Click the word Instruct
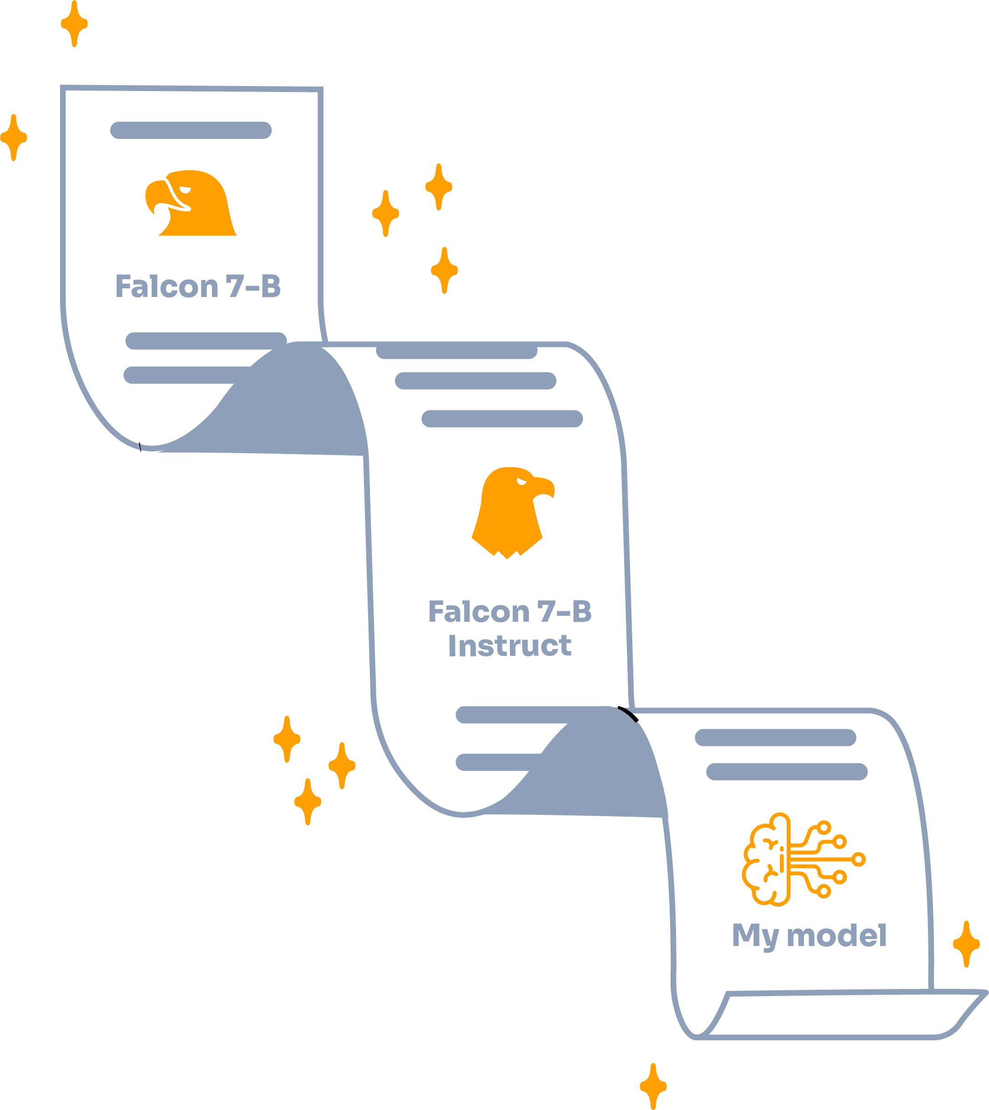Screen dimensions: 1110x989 (509, 646)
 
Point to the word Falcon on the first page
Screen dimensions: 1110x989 (166, 286)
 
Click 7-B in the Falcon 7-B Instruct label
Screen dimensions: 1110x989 (564, 611)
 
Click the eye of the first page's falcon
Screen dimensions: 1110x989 (185, 190)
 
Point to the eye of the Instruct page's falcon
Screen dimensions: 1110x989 (521, 481)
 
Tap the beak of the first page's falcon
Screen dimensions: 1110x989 (155, 195)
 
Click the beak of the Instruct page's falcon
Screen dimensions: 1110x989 (544, 487)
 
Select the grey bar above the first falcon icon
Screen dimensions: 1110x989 (191, 130)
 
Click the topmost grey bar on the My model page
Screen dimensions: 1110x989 (775, 737)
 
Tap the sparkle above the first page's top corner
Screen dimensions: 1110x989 (74, 24)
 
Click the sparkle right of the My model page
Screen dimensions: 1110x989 (966, 944)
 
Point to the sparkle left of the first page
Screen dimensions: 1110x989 (14, 138)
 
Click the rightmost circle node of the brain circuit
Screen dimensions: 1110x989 (859, 859)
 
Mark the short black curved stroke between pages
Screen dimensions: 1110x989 (629, 713)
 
